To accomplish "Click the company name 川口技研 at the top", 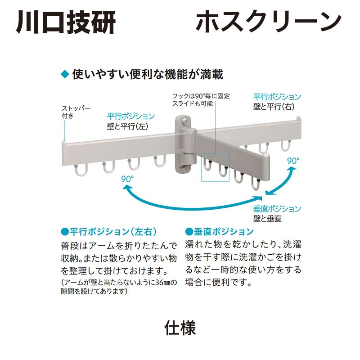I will click(66, 21).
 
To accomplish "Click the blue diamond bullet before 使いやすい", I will click(65, 74).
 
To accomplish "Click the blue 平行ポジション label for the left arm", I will click(131, 117).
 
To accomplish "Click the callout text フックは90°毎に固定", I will click(201, 96).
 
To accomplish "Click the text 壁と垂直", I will click(267, 219).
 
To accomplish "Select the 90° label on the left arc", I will click(127, 179).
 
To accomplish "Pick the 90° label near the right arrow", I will click(293, 161).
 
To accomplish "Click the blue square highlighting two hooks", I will click(215, 167).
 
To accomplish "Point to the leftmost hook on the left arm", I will click(80, 170).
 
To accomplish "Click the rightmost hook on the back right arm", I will click(285, 145).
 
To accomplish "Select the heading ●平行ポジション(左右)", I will click(108, 232).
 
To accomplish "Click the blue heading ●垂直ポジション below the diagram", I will click(220, 232).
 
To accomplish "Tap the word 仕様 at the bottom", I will click(180, 328).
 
